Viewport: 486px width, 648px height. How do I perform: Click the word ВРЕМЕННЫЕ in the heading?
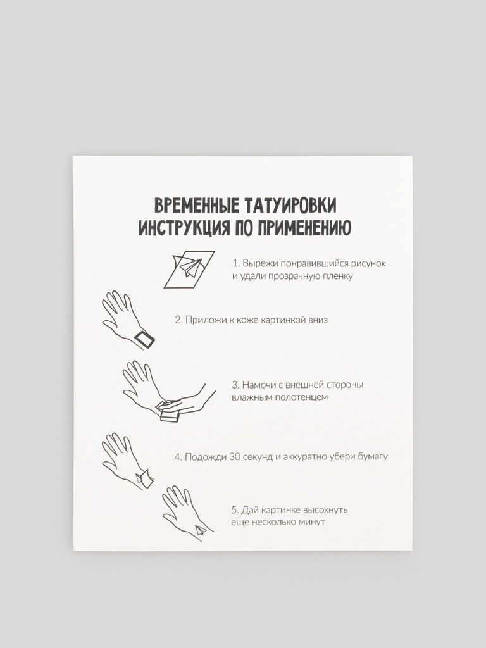click(x=196, y=206)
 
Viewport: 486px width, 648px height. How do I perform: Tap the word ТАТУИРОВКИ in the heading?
click(x=290, y=206)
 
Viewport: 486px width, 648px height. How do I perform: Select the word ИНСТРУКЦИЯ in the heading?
click(x=184, y=228)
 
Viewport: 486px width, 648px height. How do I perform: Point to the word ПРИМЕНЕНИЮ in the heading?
click(x=304, y=228)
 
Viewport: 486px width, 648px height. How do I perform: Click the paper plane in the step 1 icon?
click(x=190, y=266)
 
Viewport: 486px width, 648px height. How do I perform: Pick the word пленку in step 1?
click(x=340, y=276)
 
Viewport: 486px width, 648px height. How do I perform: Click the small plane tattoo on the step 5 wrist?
click(x=201, y=530)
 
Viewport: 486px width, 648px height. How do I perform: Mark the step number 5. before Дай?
click(x=235, y=510)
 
